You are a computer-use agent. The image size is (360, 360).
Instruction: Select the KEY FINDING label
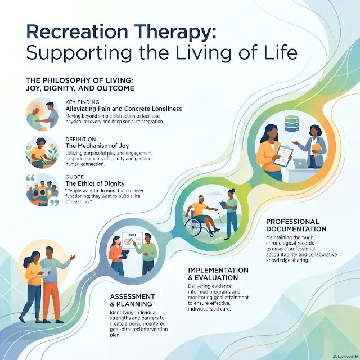click(x=82, y=102)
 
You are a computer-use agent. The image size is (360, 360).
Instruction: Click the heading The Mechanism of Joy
click(x=97, y=146)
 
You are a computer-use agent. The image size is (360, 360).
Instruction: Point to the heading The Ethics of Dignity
click(x=95, y=183)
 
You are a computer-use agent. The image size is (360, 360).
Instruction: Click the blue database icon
click(x=291, y=123)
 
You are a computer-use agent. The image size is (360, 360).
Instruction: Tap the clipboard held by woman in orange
click(x=284, y=156)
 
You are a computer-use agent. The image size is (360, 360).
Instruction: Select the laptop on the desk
click(x=300, y=164)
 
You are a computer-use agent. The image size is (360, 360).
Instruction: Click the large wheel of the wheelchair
click(x=193, y=227)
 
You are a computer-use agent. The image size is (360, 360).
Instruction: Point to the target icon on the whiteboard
click(x=128, y=241)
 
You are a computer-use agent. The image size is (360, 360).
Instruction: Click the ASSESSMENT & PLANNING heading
click(x=133, y=300)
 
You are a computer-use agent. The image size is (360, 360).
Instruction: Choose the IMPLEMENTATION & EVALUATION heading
click(x=218, y=274)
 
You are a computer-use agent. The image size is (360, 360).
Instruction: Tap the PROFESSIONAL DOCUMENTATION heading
click(x=296, y=225)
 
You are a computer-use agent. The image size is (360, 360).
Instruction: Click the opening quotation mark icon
click(x=30, y=178)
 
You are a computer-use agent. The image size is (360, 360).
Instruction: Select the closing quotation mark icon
click(x=54, y=202)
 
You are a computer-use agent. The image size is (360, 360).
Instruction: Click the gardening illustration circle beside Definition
click(x=42, y=152)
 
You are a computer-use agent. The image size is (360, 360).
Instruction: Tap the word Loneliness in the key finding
click(x=167, y=109)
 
